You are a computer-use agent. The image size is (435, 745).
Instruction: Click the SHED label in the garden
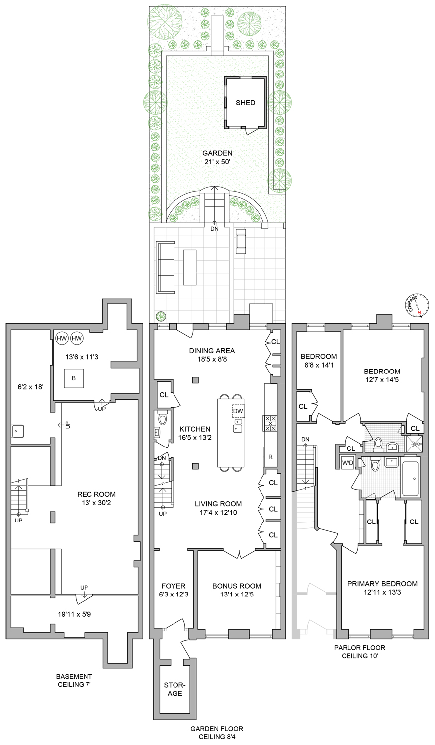[245, 103]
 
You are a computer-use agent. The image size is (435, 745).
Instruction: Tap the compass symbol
[417, 304]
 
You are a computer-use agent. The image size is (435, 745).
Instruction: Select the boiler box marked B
[74, 378]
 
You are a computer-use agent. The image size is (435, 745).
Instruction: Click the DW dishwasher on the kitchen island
[238, 411]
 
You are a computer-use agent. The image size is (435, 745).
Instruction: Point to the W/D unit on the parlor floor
[348, 462]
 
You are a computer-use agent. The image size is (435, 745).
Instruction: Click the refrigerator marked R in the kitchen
[270, 457]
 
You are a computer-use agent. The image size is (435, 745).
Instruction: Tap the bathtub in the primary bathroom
[411, 479]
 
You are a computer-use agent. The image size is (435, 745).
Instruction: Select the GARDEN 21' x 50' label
[217, 157]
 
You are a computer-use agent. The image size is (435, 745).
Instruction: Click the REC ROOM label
[96, 494]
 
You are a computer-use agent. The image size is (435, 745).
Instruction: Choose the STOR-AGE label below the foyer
[174, 689]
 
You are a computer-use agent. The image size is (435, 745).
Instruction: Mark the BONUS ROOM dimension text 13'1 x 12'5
[237, 594]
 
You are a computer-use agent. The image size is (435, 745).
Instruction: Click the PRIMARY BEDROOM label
[382, 584]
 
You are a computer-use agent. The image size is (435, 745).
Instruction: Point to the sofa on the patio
[166, 267]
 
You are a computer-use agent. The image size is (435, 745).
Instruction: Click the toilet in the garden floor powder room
[162, 418]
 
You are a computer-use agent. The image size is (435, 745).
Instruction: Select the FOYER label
[174, 586]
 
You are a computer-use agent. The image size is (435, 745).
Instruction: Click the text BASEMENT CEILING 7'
[74, 680]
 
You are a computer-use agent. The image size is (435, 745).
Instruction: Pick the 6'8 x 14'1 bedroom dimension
[319, 365]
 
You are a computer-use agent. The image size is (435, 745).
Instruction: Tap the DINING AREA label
[212, 351]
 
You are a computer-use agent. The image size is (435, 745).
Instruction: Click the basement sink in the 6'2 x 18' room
[17, 431]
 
